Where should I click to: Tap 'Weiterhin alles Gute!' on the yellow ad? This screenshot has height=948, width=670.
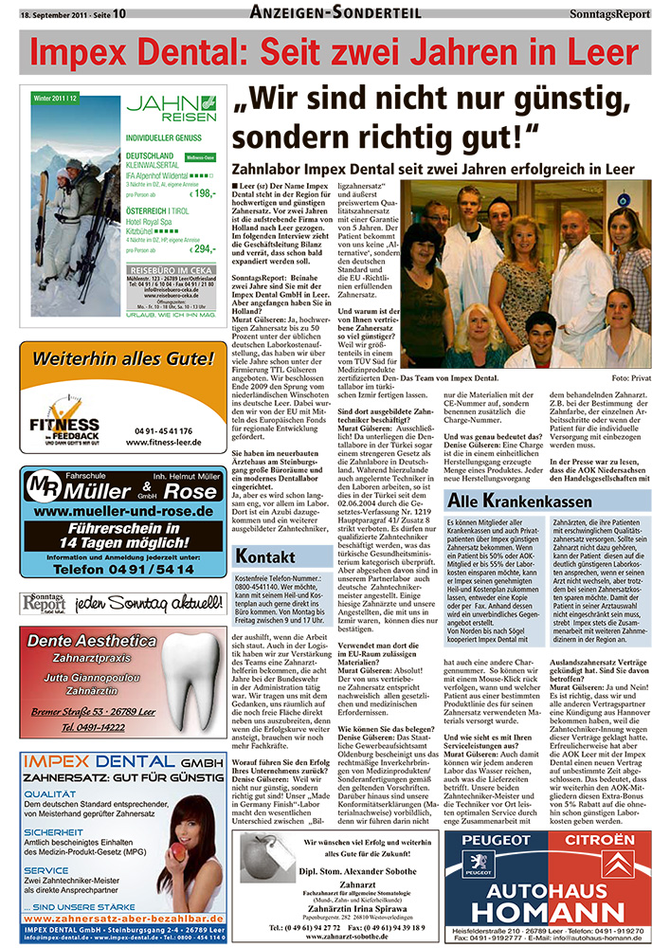tap(123, 360)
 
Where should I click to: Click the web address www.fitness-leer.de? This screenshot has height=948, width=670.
tap(160, 441)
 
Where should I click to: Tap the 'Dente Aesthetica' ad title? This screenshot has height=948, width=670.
tap(92, 640)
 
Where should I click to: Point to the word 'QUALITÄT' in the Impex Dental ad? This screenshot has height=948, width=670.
tap(51, 794)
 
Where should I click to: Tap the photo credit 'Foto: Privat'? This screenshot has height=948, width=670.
tap(632, 377)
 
